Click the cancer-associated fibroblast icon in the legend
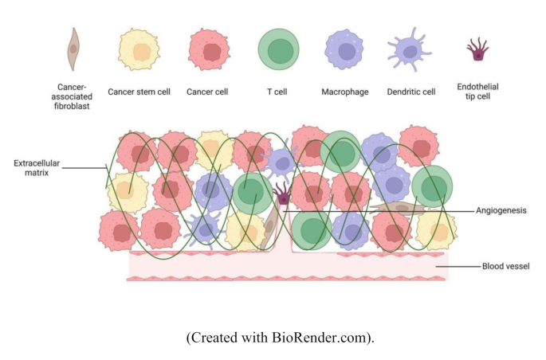click(x=73, y=49)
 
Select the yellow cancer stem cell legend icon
click(x=139, y=49)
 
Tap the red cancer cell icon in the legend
click(x=209, y=49)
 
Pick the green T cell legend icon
click(x=279, y=49)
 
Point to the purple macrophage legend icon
click(x=345, y=49)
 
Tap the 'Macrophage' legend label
click(x=345, y=92)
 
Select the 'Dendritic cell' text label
click(x=411, y=92)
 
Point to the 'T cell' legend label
click(x=279, y=92)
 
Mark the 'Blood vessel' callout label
click(x=505, y=266)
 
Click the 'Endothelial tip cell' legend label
click(x=477, y=91)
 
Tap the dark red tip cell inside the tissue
click(x=281, y=193)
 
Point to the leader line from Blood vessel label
click(x=462, y=266)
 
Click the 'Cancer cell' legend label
click(x=207, y=92)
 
